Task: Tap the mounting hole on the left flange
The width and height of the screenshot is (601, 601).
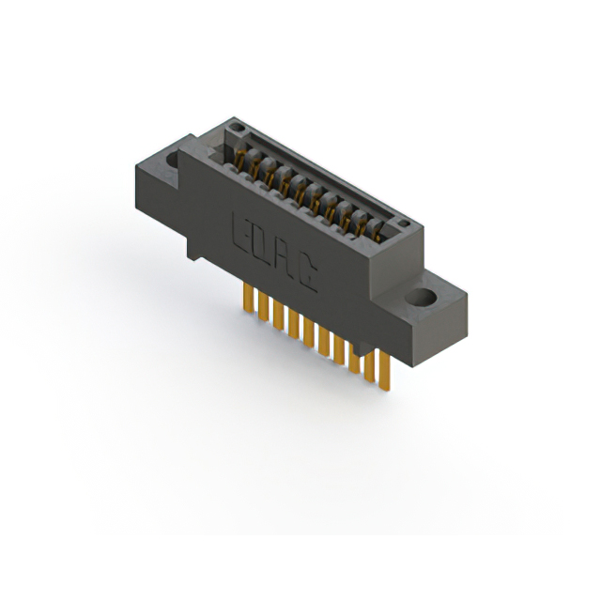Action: click(174, 160)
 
